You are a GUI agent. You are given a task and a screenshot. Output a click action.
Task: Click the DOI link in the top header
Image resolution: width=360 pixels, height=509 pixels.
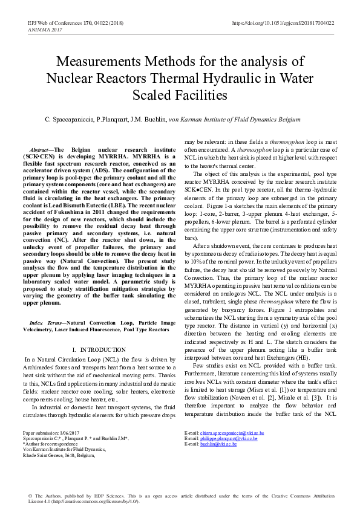283,23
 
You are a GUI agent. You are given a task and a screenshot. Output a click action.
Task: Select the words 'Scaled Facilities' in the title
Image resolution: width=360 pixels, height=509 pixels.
180,95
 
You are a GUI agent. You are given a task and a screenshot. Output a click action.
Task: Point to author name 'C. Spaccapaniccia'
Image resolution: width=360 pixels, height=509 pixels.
70,120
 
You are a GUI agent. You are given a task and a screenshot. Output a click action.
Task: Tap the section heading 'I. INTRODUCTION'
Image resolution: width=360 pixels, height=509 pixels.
100,350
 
